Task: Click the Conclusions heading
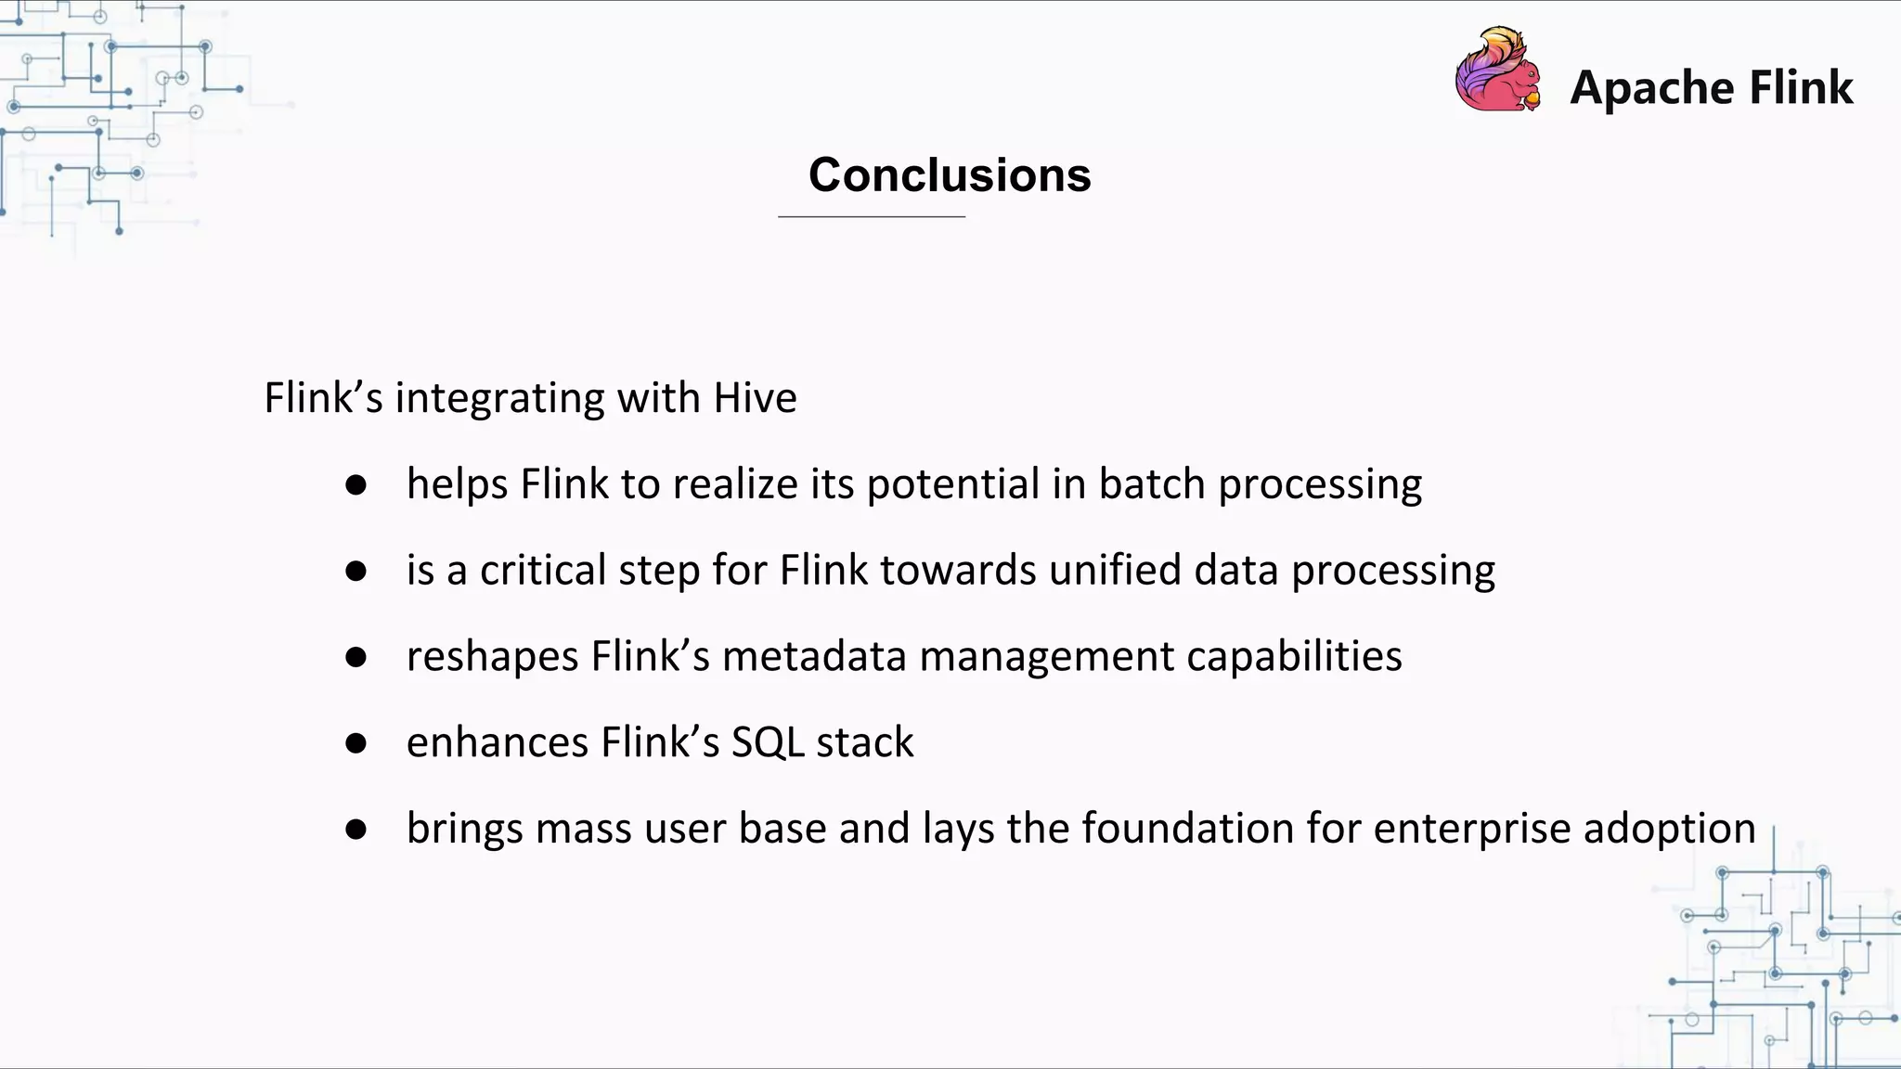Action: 950,174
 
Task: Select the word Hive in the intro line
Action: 755,398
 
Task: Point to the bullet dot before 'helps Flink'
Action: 356,484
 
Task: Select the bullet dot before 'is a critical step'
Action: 356,571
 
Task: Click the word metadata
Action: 814,656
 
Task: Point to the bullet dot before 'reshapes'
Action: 356,657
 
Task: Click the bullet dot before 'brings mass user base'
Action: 356,829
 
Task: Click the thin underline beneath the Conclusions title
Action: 872,216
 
